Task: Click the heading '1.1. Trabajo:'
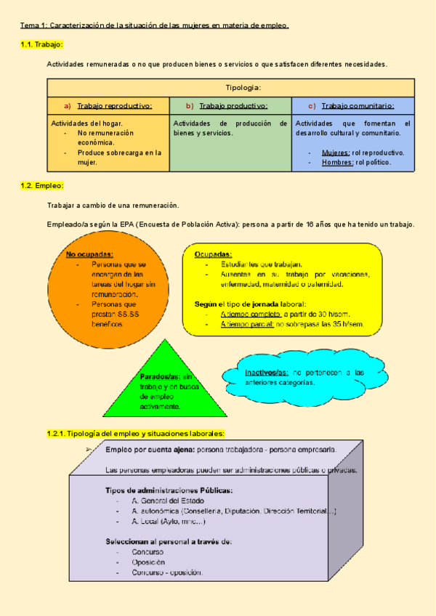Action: (x=42, y=44)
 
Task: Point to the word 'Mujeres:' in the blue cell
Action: (x=336, y=153)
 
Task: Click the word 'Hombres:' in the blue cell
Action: (x=337, y=162)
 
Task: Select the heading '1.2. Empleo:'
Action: (x=42, y=186)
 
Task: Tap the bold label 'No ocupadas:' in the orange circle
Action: (x=89, y=254)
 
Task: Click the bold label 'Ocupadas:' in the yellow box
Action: (x=214, y=254)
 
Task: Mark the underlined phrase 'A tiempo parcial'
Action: (x=247, y=323)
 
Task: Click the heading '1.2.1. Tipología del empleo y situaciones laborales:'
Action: (x=136, y=433)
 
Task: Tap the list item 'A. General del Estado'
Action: (x=168, y=500)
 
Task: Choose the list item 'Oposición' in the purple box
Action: (x=148, y=562)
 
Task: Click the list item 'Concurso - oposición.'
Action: (x=167, y=572)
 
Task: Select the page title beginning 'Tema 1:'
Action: (x=154, y=25)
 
